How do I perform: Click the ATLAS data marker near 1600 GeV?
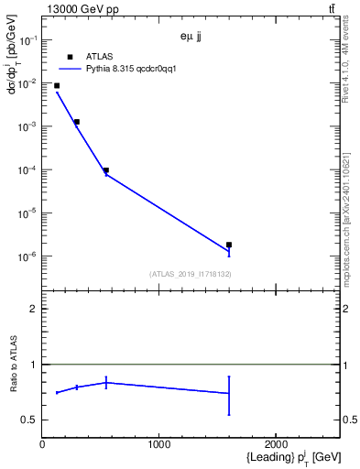coord(229,245)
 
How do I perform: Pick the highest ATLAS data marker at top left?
coord(57,85)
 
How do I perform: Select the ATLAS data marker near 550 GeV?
coord(106,169)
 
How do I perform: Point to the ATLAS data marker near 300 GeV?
coord(77,121)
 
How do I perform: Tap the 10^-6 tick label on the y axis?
coord(27,256)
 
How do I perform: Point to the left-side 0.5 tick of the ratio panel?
coord(31,420)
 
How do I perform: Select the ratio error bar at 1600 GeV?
coord(229,395)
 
